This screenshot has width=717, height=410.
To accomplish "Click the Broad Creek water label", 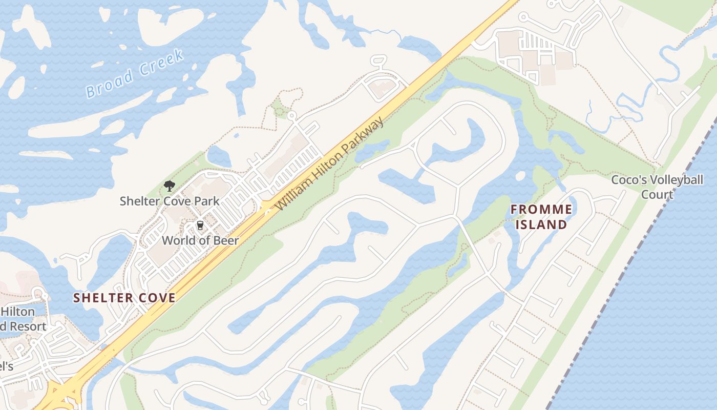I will coord(134,73).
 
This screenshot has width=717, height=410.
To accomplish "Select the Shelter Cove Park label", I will coord(169,201).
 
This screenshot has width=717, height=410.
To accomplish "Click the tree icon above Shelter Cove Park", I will coord(169,186).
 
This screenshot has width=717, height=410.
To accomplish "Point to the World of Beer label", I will coord(200,240).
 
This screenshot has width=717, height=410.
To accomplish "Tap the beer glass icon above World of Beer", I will coord(200,225).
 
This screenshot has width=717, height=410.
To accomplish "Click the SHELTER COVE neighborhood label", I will coord(124,298).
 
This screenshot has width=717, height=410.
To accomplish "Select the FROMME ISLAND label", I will coord(541,217).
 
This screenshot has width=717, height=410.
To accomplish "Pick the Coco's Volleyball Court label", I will coord(657,187).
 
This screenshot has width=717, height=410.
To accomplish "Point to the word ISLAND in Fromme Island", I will coord(541,224).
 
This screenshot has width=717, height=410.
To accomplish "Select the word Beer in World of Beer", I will coord(227,240).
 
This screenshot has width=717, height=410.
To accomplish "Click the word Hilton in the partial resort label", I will coord(17,312).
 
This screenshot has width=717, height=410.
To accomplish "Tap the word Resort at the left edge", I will coord(26,326).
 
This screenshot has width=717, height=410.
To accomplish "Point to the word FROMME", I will coord(541,209).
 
